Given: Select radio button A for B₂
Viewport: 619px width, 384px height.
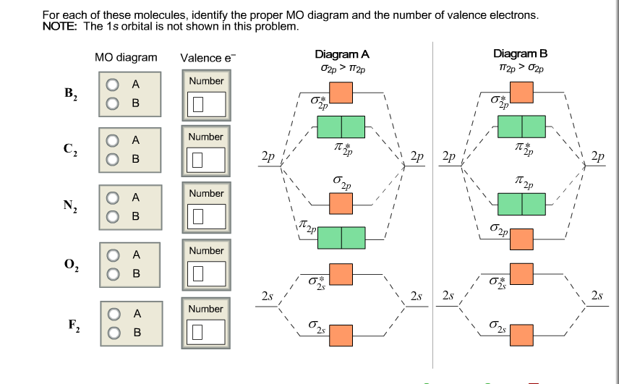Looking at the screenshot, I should pos(114,85).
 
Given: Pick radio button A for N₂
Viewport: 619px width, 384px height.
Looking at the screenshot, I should pos(114,197).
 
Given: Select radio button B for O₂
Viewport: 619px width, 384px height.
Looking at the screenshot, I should pos(114,274).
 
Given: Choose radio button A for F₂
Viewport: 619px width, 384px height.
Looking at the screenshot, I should pos(114,313).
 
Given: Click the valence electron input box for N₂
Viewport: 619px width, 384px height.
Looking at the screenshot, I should pos(206,216).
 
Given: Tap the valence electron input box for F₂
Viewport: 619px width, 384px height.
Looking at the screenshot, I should pos(206,332).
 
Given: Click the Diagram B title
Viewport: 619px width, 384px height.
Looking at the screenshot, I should pos(521,54).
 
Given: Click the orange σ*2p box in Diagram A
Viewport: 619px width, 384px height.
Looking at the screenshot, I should pos(341,93).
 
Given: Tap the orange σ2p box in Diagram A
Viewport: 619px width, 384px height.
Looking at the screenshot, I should pos(341,204).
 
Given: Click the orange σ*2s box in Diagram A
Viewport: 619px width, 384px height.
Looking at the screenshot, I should pos(341,274).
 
